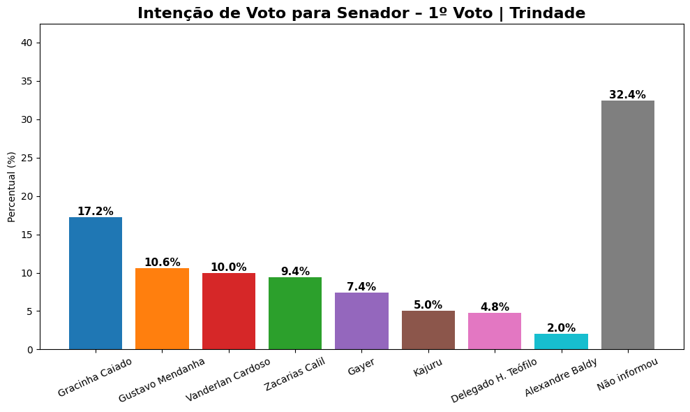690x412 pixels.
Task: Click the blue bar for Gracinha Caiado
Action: [96, 283]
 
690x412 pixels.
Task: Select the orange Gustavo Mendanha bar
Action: [162, 308]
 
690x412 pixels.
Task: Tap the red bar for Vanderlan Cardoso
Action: [229, 311]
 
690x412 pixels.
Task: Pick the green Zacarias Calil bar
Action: [295, 313]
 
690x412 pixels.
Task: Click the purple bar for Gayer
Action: [361, 321]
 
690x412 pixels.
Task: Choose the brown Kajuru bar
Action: [428, 330]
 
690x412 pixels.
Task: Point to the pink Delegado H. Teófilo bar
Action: [495, 330]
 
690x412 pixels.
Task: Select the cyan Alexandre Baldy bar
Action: [561, 341]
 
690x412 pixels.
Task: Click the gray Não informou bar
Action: [628, 224]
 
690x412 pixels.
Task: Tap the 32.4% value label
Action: [627, 95]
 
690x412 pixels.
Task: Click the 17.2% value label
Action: [95, 212]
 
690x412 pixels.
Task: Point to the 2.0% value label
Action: [561, 328]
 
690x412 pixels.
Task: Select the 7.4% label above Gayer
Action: [361, 287]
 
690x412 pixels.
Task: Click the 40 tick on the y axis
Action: [29, 43]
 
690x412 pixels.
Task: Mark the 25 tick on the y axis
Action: [29, 159]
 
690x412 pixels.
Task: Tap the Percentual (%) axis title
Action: [11, 186]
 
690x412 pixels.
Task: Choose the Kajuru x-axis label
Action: [428, 367]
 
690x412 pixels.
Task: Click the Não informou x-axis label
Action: [627, 374]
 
